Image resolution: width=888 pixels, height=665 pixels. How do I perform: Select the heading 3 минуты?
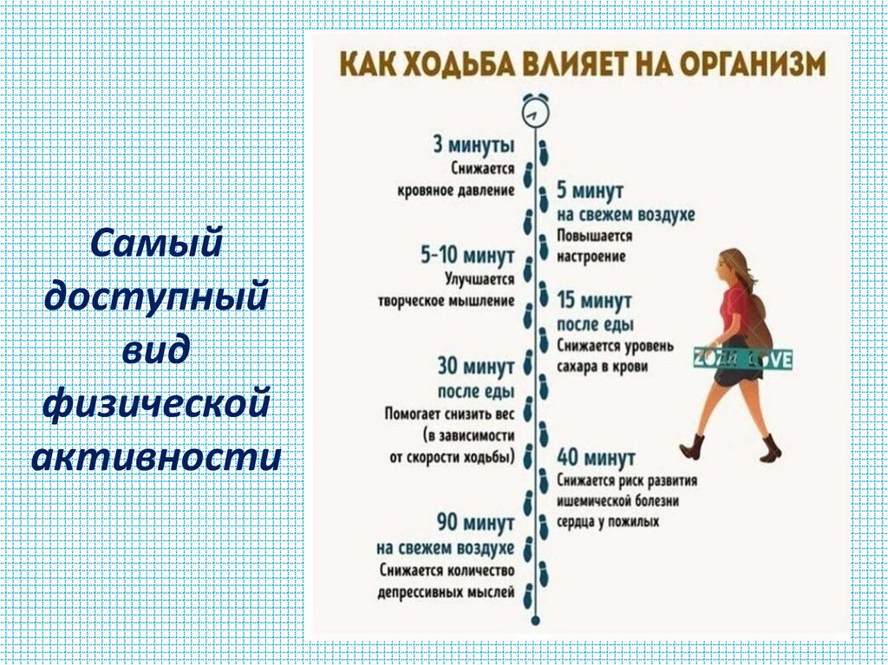point(473,145)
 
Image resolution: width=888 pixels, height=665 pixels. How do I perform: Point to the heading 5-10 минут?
point(467,257)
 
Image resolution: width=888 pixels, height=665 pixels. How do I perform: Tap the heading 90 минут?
point(474,524)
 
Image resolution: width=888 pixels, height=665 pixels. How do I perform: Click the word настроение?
point(591,258)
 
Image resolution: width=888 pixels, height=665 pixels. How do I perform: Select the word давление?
point(487,189)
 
